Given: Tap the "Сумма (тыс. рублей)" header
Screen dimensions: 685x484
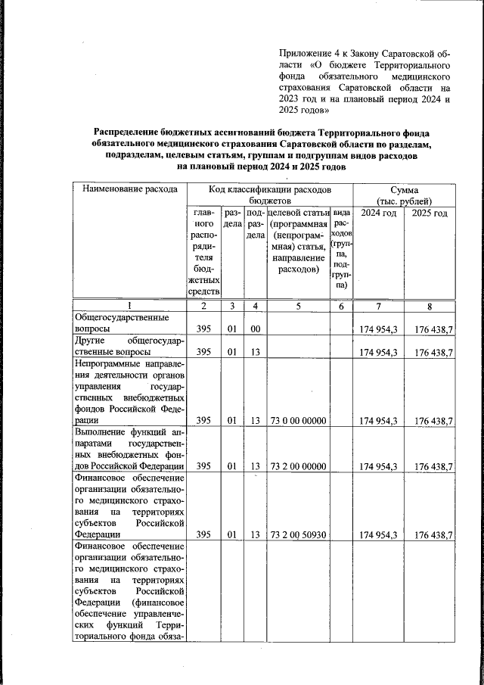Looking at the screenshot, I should tap(405, 195).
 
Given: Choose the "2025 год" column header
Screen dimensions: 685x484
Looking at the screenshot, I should tap(429, 214).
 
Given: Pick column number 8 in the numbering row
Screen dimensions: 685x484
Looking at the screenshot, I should tap(429, 306).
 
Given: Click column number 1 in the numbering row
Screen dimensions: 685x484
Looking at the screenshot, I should tap(129, 306).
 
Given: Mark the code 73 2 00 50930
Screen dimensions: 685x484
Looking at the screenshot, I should tap(297, 535).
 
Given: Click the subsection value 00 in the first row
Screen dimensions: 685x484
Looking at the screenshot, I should tap(256, 330).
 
